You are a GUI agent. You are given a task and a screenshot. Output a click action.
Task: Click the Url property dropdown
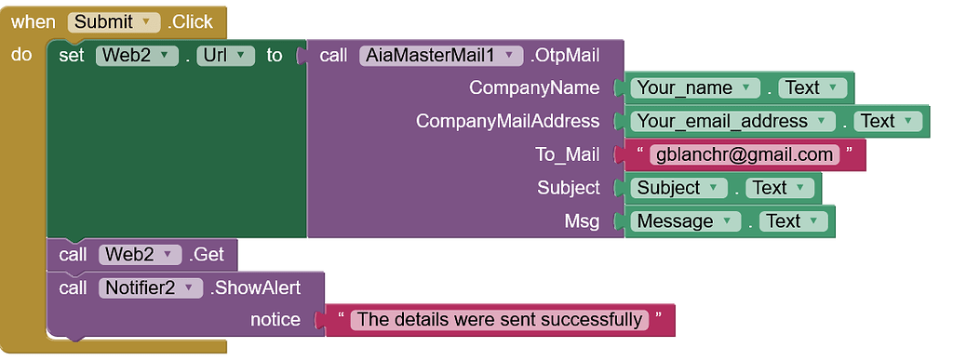click(225, 55)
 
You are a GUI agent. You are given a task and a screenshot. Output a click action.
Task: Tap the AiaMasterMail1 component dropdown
click(441, 55)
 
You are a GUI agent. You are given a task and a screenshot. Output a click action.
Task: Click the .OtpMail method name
click(565, 55)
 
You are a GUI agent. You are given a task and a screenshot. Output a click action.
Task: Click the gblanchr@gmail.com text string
click(745, 154)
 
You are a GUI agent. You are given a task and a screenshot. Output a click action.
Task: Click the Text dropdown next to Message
click(792, 220)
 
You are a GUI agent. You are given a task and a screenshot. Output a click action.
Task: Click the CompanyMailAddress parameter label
click(507, 121)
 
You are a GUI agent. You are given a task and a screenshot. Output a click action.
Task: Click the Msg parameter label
click(582, 220)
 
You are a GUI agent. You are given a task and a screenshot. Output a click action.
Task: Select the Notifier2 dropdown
click(150, 287)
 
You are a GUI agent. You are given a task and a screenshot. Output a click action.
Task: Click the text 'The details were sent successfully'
click(500, 319)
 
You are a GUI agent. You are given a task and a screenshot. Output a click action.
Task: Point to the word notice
click(275, 319)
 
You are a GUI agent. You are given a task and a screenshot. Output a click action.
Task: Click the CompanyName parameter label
click(534, 87)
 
